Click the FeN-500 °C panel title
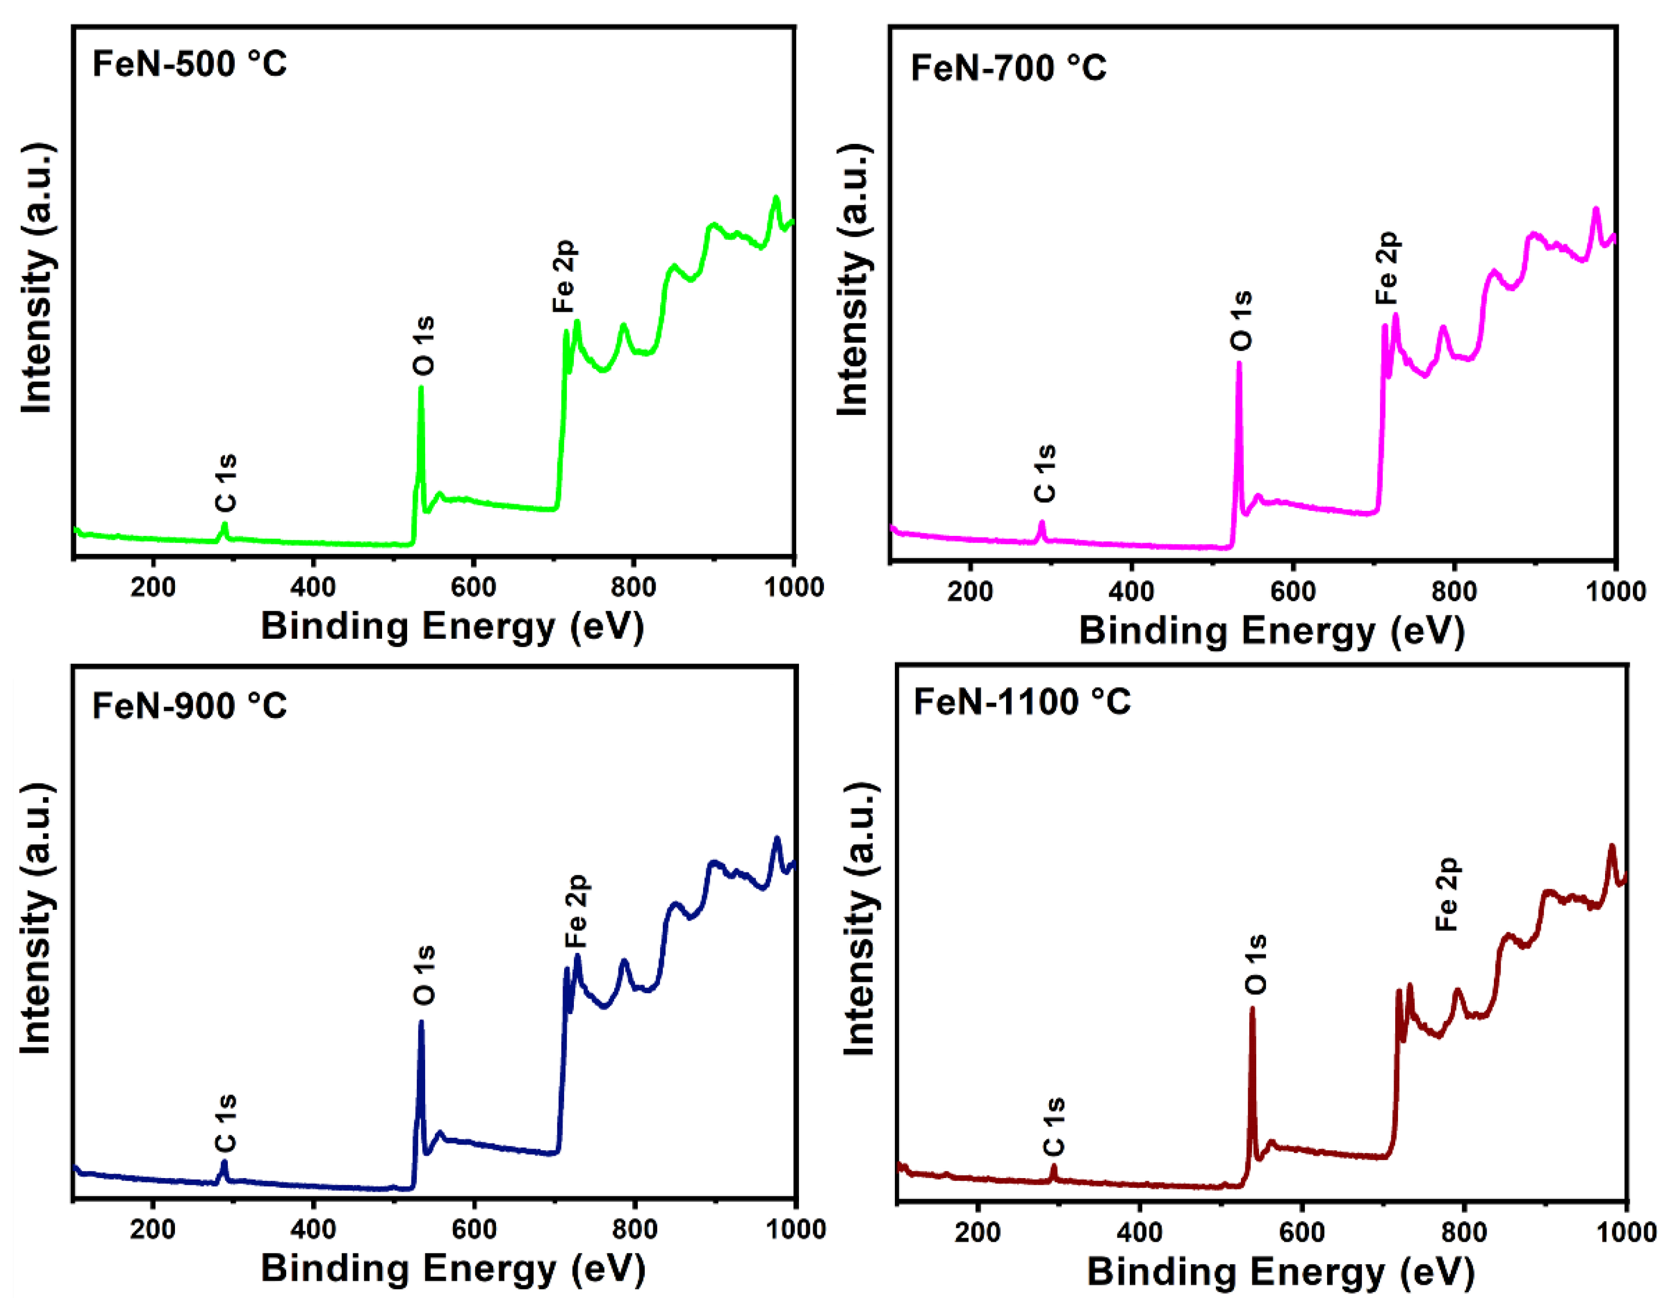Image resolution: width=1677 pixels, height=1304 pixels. click(190, 64)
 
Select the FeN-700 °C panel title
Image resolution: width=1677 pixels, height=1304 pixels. click(1008, 68)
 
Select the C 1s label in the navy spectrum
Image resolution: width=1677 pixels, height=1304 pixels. click(226, 1124)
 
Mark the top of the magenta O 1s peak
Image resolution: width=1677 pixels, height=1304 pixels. click(1239, 364)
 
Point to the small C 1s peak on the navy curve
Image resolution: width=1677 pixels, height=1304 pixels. click(224, 1163)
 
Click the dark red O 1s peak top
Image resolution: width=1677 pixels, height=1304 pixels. click(1252, 1009)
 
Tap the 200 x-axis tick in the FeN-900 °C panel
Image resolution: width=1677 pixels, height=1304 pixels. click(153, 1229)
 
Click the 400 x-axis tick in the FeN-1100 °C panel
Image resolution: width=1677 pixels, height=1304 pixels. click(1140, 1233)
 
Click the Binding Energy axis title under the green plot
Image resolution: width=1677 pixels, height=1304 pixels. click(452, 626)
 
